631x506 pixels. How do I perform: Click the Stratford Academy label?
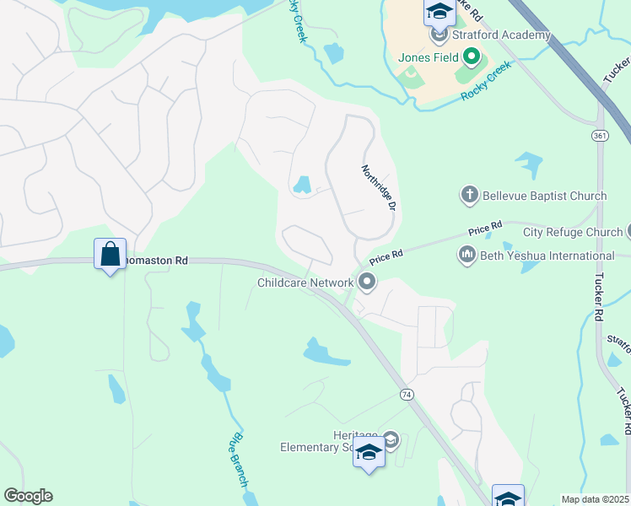click(501, 35)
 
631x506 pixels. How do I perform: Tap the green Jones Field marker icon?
click(472, 57)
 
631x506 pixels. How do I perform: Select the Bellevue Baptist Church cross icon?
click(470, 196)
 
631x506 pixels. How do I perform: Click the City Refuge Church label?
click(572, 232)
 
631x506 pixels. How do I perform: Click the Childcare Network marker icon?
click(366, 282)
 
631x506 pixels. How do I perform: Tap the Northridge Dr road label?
click(379, 187)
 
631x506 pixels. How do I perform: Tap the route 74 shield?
click(407, 394)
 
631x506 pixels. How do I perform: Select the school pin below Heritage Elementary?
click(369, 454)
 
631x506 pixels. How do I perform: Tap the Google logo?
click(28, 496)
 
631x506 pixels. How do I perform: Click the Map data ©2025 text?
click(595, 499)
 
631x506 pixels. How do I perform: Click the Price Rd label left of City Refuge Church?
click(485, 227)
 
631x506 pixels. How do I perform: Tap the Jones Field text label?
click(429, 57)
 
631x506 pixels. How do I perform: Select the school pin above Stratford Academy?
click(440, 11)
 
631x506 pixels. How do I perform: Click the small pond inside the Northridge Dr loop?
click(302, 185)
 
